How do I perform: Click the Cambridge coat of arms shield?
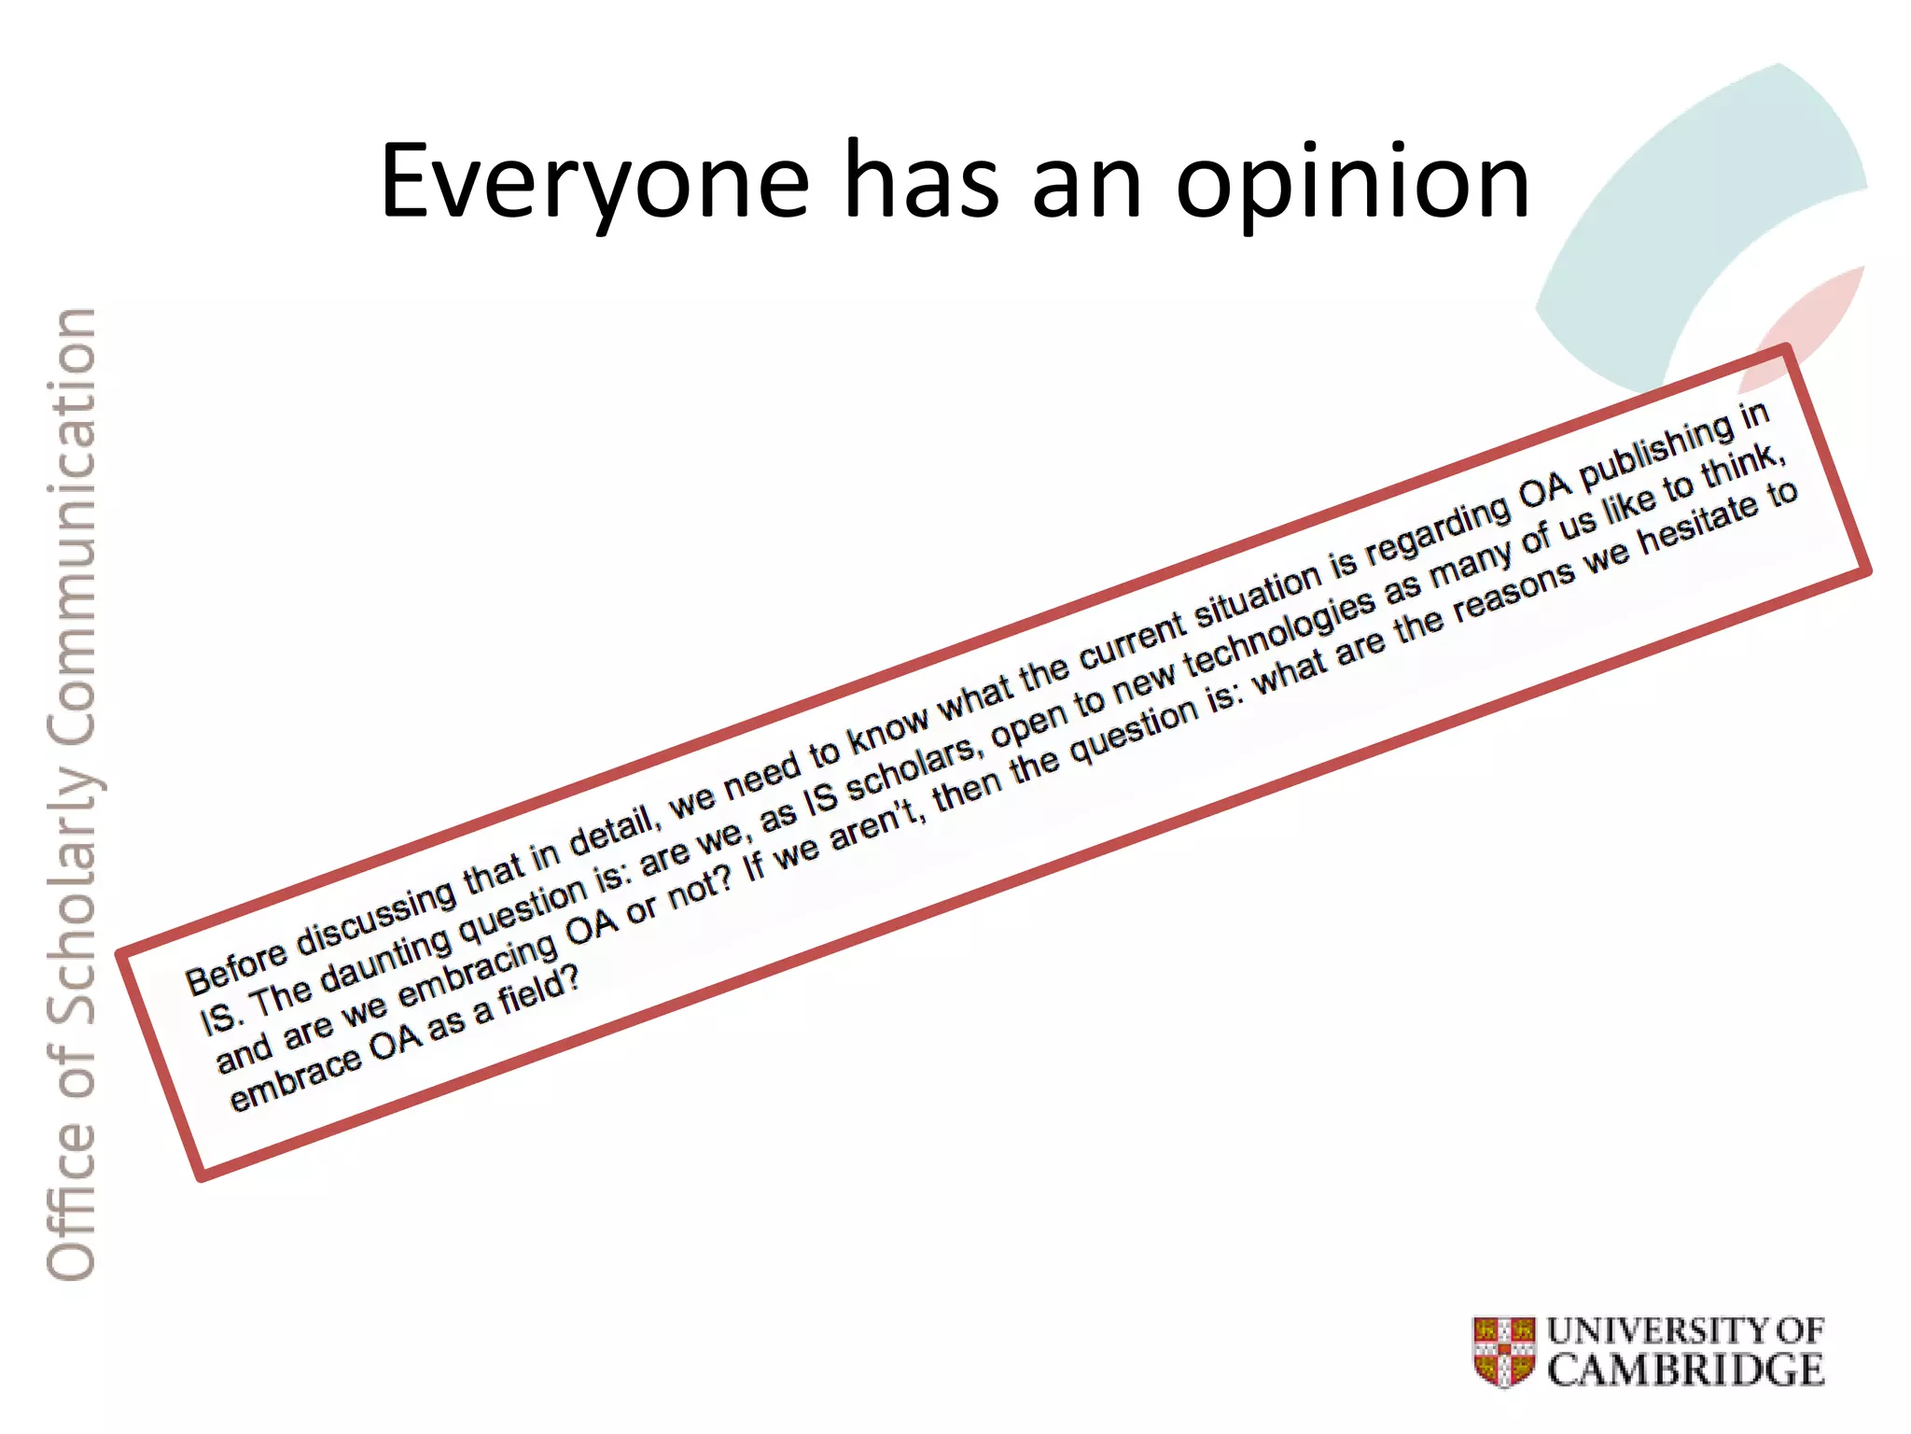[1504, 1351]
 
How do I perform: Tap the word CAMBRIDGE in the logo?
[1686, 1370]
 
